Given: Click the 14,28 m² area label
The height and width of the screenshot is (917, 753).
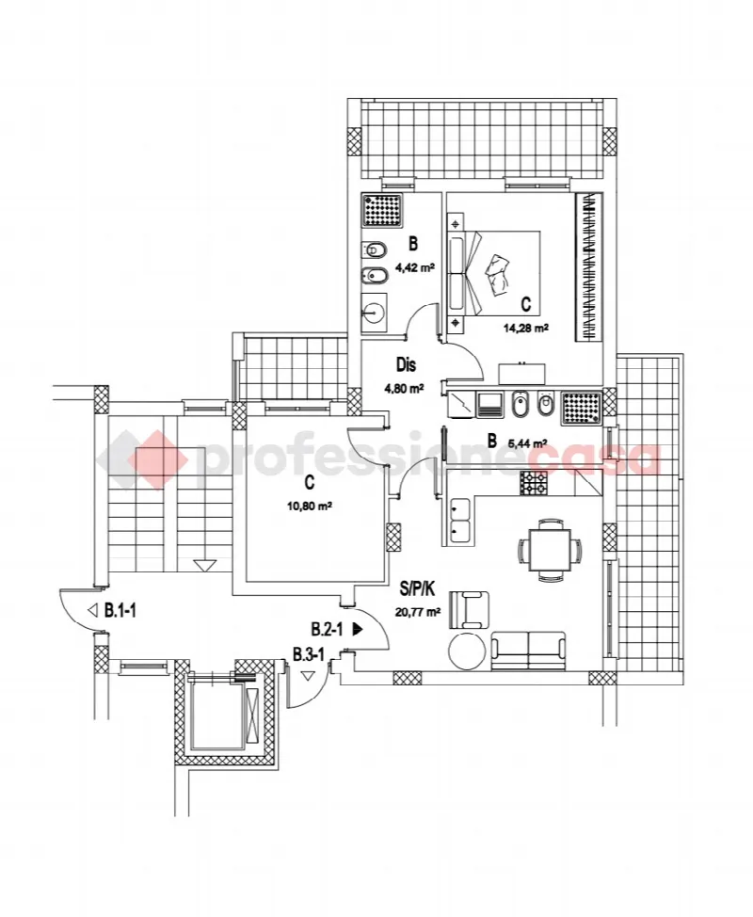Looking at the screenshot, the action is [525, 328].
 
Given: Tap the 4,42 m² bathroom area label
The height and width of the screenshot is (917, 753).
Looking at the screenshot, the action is [414, 267].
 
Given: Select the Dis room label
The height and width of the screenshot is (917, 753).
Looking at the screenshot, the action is [407, 365].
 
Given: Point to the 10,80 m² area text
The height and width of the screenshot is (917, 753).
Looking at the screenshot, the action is [310, 507].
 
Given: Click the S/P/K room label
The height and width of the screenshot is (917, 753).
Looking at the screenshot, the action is [417, 589].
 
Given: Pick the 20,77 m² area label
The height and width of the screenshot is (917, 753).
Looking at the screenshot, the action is [417, 612].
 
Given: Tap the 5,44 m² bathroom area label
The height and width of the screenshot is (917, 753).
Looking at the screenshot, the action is [527, 443].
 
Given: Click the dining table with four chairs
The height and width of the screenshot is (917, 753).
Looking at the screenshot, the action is [550, 550].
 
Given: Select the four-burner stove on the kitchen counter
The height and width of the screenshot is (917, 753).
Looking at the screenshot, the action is [535, 484].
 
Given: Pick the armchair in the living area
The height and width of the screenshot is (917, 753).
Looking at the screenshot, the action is [469, 610].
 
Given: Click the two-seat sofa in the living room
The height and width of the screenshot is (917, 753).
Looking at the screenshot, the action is [528, 651].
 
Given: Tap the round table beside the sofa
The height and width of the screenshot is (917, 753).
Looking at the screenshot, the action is [467, 651].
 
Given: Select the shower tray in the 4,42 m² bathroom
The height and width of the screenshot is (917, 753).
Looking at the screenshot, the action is [382, 211].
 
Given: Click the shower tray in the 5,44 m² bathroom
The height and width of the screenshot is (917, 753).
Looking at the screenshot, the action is [581, 408].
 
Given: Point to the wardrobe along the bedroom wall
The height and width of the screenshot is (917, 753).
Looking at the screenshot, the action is [588, 266].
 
